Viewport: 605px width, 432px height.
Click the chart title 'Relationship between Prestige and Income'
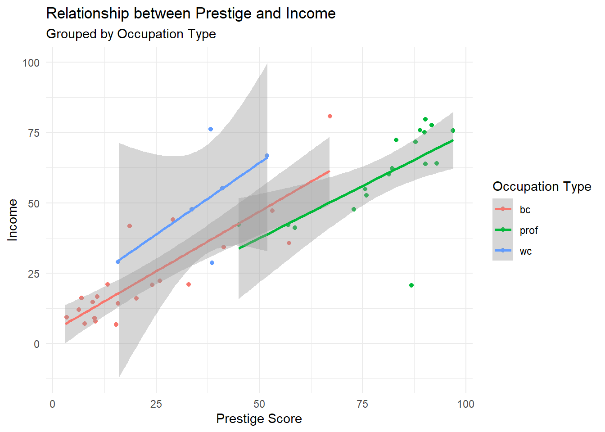tap(191, 13)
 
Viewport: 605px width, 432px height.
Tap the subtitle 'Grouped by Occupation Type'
tap(131, 34)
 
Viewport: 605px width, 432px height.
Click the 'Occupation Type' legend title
tap(542, 187)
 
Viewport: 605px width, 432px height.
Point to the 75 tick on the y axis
tap(34, 133)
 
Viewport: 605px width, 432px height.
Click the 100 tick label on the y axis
tap(31, 63)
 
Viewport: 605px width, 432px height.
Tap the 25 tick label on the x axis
tap(156, 404)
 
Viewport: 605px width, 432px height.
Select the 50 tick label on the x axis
tap(259, 404)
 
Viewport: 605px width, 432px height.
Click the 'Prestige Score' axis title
tap(259, 419)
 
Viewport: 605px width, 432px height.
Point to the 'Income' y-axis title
tap(13, 220)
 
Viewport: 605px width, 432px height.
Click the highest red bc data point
tap(330, 116)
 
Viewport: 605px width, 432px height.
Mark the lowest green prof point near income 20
tap(411, 285)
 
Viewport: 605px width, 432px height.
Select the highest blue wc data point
tap(211, 129)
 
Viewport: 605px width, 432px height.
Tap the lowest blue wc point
tap(212, 263)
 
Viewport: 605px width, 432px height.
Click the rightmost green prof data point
tap(453, 130)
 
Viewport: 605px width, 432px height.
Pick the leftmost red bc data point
tap(67, 317)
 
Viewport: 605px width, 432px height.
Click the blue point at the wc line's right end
tap(267, 156)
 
